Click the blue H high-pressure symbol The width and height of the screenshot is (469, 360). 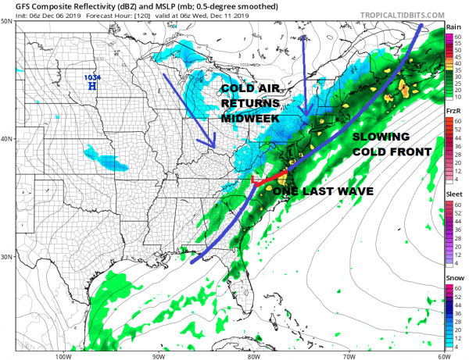(x=93, y=87)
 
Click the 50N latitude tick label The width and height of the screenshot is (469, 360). (x=6, y=22)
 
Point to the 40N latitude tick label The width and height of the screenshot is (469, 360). (x=6, y=139)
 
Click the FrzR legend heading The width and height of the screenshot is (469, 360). (x=453, y=112)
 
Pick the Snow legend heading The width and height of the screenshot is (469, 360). (x=453, y=278)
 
